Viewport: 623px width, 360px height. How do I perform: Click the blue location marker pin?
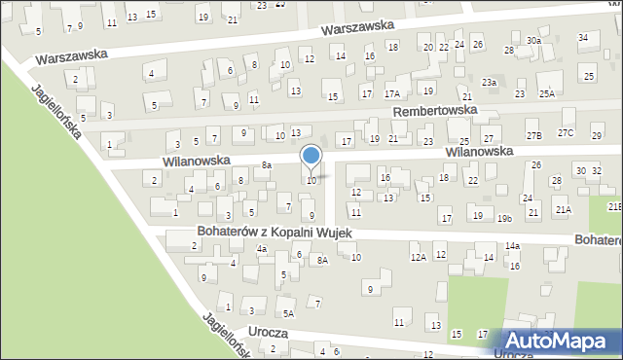(x=311, y=157)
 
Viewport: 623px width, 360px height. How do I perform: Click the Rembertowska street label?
(x=435, y=111)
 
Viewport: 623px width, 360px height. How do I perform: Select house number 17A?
(x=392, y=93)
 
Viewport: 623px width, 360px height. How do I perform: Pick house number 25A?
(x=547, y=93)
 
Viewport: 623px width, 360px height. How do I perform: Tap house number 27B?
(x=533, y=134)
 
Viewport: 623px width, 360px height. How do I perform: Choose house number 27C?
(x=566, y=132)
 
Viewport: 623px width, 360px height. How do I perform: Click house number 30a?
(x=533, y=40)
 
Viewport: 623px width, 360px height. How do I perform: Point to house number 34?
(x=583, y=38)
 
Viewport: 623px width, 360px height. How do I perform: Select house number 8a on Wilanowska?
(x=266, y=165)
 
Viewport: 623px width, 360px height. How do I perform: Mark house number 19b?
(x=504, y=218)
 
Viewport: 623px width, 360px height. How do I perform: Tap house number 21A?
(x=562, y=209)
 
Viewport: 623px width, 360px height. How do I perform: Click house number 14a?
(x=512, y=247)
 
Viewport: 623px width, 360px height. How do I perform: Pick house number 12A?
(x=418, y=257)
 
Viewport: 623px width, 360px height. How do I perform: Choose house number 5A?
(x=288, y=313)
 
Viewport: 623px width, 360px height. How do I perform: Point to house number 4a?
(x=262, y=249)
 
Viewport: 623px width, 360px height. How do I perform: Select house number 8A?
(x=322, y=260)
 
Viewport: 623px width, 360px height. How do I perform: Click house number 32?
(x=597, y=170)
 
